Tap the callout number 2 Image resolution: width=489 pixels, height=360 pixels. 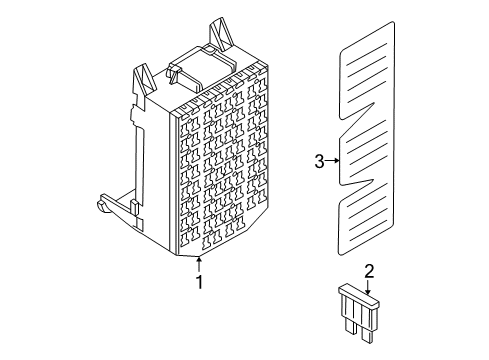click(x=369, y=270)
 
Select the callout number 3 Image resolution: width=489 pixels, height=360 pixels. click(x=319, y=160)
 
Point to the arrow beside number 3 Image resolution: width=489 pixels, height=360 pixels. click(x=333, y=160)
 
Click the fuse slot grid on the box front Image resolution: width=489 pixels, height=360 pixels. click(x=224, y=170)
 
